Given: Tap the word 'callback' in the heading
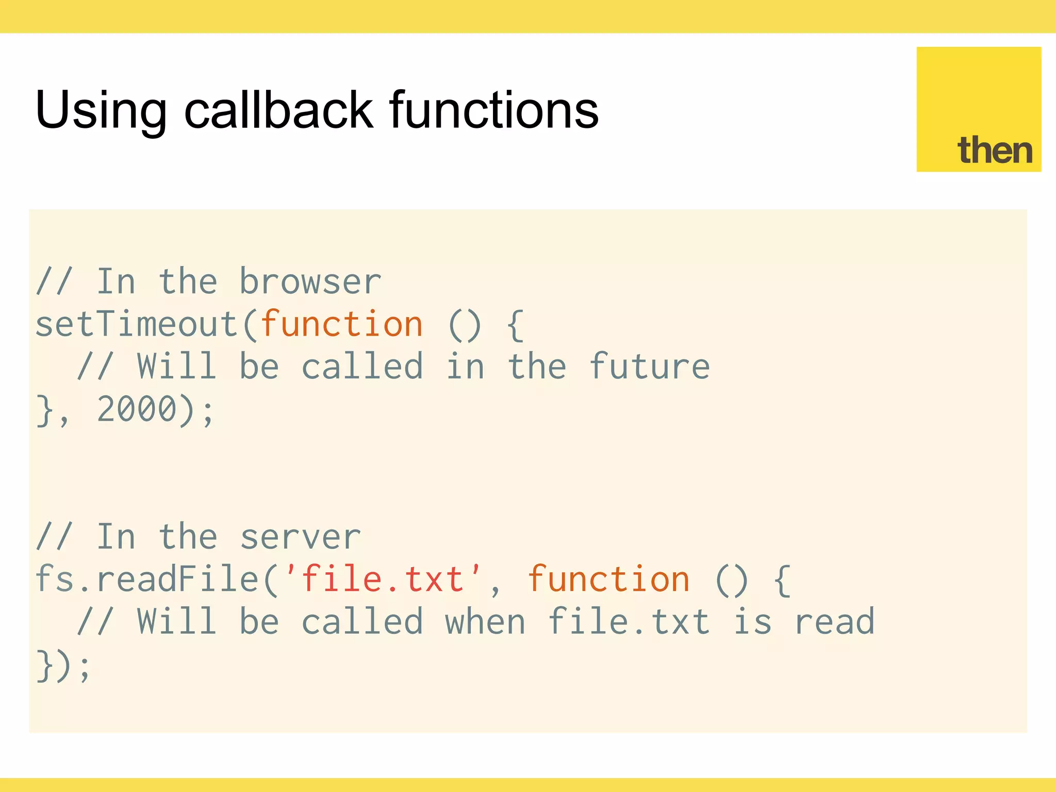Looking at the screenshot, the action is pos(278,109).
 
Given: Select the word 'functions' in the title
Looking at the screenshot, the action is pos(493,109).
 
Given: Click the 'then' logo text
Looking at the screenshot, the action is pos(995,151).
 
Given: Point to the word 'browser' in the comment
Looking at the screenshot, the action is pos(310,282).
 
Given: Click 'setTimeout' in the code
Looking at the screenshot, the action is pos(136,325).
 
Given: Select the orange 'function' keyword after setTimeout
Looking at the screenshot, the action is pos(341,325).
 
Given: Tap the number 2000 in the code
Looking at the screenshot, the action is pos(137,409).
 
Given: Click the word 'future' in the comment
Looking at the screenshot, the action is pos(649,367).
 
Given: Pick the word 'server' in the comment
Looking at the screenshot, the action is pos(301,537).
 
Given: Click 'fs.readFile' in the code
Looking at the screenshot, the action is pos(147,580).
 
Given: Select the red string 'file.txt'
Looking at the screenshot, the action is pos(382,580).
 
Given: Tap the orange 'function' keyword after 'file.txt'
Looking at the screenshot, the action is pos(608,580).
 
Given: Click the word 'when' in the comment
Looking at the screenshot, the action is pos(485,622).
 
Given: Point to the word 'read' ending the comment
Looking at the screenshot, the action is pos(834,622).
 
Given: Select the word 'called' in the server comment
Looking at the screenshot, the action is pos(362,622).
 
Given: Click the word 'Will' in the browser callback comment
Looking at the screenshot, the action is pos(176,367).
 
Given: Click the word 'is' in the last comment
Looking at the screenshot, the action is pos(752,622).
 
